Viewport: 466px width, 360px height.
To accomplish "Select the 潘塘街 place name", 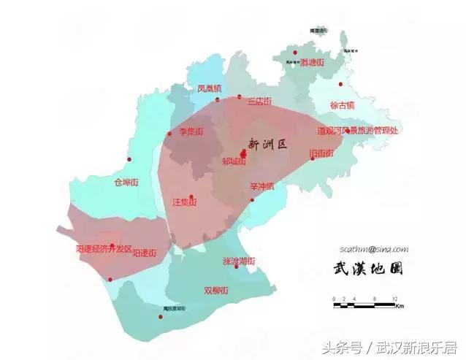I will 311,63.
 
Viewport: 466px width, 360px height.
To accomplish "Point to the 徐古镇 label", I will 342,105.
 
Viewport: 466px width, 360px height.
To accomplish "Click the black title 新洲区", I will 267,144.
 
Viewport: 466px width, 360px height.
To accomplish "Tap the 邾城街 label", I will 234,162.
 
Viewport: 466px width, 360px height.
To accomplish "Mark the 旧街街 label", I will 321,153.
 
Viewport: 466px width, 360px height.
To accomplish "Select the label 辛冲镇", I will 261,186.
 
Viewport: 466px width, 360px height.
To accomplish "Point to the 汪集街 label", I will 185,202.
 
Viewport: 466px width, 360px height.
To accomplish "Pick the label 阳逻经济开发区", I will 104,249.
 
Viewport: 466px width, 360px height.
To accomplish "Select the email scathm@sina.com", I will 373,248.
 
